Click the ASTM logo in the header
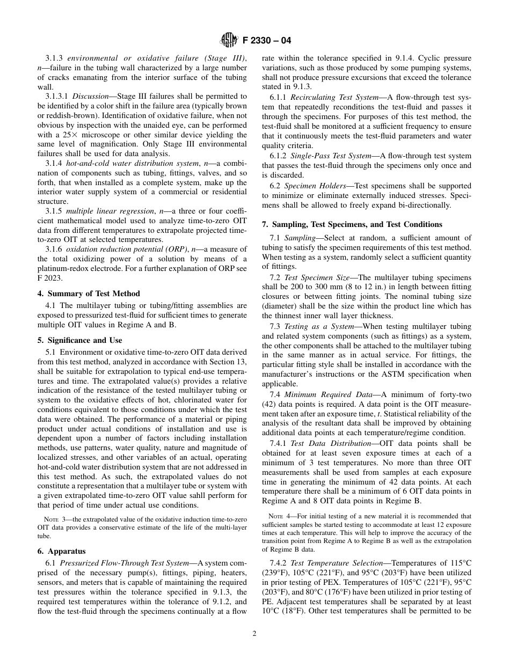[229, 40]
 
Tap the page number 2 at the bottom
[254, 633]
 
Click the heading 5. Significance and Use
[85, 340]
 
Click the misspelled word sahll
[186, 495]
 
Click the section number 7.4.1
[279, 443]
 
